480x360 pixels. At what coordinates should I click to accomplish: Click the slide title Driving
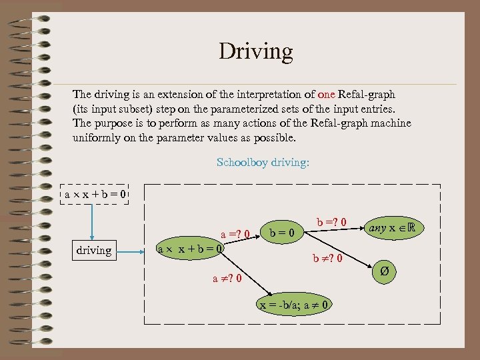256,51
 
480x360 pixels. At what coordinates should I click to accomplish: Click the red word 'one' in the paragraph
327,95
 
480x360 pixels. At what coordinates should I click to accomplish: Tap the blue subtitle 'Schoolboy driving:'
263,162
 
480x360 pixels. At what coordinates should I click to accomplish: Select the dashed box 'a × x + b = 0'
94,194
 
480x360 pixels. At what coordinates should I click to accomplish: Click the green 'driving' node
93,251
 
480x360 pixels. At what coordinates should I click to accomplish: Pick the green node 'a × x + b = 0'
190,251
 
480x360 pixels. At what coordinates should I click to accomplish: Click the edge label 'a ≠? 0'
227,277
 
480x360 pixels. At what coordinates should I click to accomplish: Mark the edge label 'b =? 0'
331,221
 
